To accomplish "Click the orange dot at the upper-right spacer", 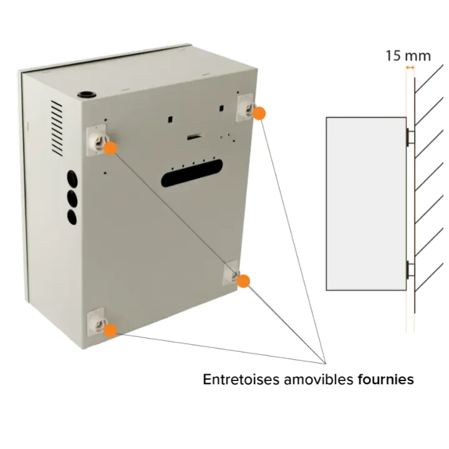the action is (x=259, y=113).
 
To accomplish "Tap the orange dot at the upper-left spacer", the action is (x=110, y=148).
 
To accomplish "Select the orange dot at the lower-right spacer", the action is (x=244, y=281).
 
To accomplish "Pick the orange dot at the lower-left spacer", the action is (x=110, y=330).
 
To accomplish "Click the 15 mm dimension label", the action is (x=408, y=56).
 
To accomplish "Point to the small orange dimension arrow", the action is (x=410, y=67).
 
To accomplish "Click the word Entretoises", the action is (x=241, y=379).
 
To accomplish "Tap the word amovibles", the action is (x=319, y=379).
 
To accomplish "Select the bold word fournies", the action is (x=386, y=379).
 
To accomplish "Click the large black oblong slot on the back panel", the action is (x=192, y=173).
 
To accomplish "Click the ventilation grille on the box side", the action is (x=57, y=128).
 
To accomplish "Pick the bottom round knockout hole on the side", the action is (x=72, y=217).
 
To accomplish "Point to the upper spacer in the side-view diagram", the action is (x=410, y=137).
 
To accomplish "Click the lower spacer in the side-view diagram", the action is (x=410, y=269).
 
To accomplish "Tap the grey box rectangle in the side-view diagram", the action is (x=366, y=204).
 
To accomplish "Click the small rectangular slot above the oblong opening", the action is (x=195, y=137).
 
